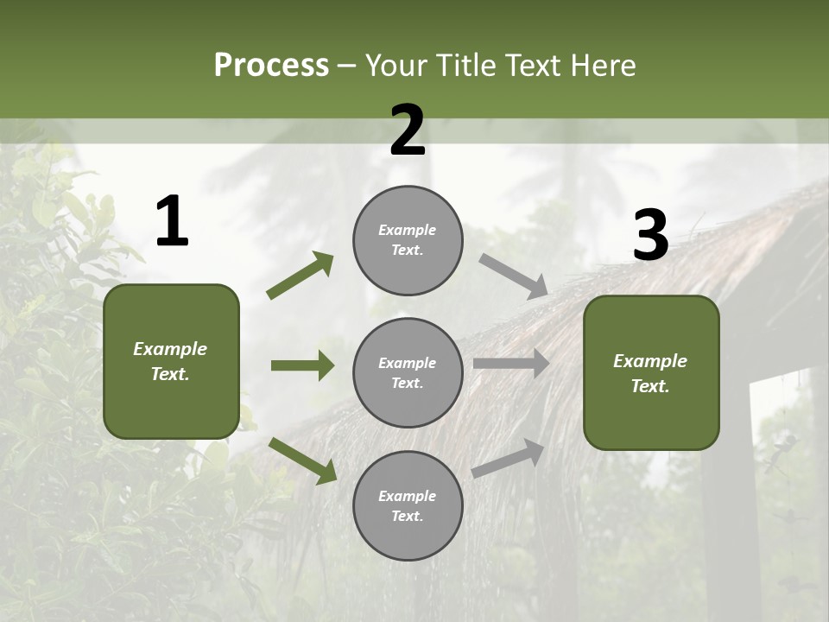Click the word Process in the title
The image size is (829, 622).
(271, 66)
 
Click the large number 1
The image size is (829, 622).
(172, 222)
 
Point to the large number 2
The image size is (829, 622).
(408, 130)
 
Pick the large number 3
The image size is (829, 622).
(650, 235)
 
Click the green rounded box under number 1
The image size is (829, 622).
(171, 361)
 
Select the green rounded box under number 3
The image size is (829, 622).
(651, 373)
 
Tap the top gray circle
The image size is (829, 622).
(408, 240)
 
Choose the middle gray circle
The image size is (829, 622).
(408, 372)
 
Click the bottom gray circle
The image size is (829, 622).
(408, 505)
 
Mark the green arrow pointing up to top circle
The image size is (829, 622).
(301, 276)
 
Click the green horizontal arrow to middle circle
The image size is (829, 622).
(302, 365)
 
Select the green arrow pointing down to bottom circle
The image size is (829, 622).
(302, 460)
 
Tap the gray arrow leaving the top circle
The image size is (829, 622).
(513, 276)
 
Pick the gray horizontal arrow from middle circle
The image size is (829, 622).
(511, 364)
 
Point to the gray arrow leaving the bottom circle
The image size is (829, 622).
(508, 458)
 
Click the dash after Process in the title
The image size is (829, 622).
(347, 66)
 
